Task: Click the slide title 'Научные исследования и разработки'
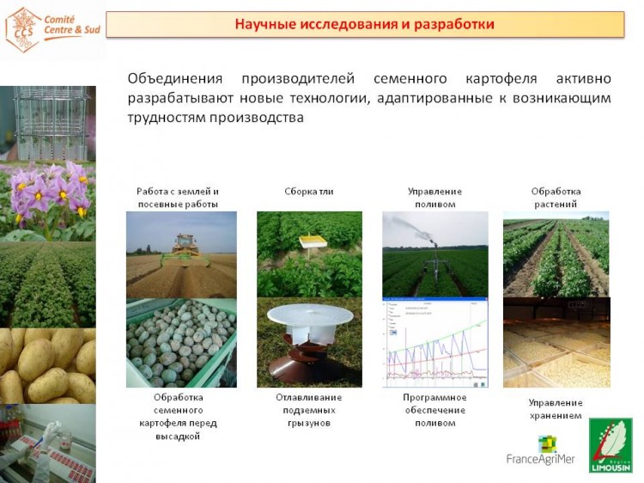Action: pos(364,24)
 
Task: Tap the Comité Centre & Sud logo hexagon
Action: pos(23,30)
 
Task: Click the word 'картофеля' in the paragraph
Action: pos(501,78)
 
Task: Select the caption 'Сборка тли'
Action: pos(309,191)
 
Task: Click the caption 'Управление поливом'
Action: pos(435,198)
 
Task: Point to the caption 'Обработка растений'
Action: pos(556,198)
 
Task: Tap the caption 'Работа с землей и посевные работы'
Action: pos(178,198)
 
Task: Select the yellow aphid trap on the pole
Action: pos(313,241)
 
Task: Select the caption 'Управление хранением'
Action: pos(556,409)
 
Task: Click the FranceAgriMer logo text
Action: pos(540,459)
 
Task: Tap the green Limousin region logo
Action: pos(611,445)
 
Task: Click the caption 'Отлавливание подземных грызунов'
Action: pos(309,410)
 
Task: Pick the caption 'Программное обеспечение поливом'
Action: pos(435,410)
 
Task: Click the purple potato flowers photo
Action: pos(47,200)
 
